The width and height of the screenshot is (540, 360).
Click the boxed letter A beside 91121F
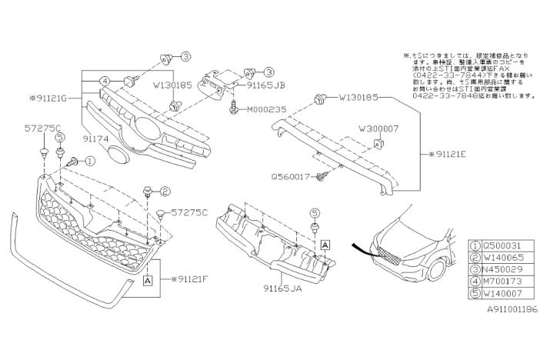[x=147, y=282]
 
